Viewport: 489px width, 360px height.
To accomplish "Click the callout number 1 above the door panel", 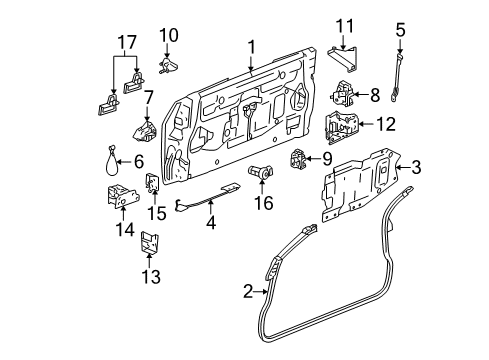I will [252, 45].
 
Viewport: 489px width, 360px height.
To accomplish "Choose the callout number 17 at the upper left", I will [124, 43].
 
